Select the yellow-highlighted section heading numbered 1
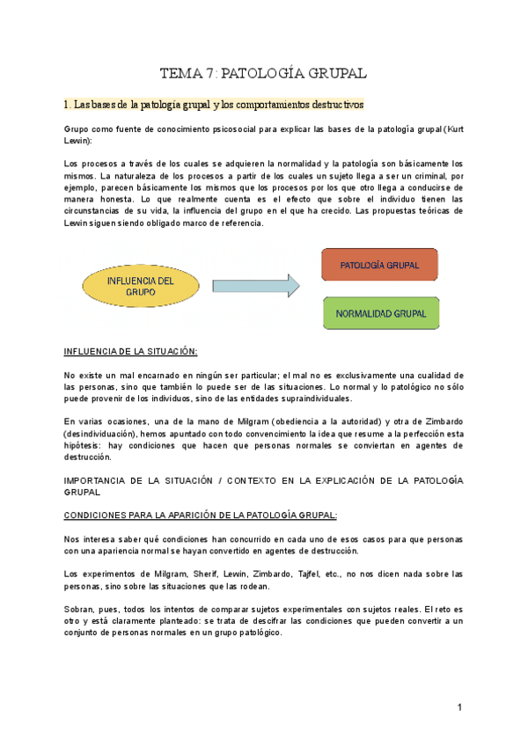214,105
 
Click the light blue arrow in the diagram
256,285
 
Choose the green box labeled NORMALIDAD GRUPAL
380,313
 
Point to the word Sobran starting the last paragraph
80,609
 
